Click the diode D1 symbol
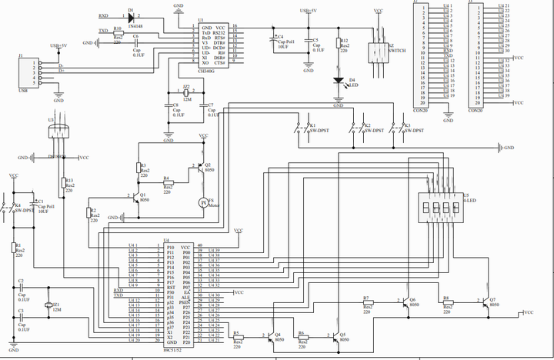coord(131,16)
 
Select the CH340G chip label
coord(206,70)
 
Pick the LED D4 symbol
coord(339,79)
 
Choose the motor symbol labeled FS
coord(204,202)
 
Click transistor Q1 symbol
coord(135,197)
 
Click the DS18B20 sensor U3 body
coord(59,132)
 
